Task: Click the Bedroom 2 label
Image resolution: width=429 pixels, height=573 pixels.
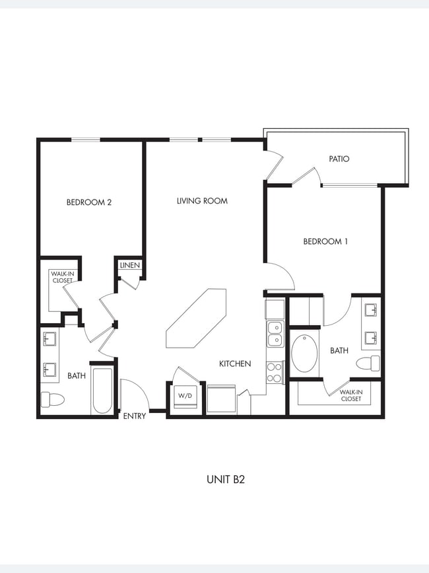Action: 89,202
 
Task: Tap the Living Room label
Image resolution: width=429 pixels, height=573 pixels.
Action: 202,201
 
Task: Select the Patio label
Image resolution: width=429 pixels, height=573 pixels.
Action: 339,159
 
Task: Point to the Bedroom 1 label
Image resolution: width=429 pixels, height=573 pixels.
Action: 325,241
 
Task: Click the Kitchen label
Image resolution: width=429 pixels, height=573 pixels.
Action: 235,363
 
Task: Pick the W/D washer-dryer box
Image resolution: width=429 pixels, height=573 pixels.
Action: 184,396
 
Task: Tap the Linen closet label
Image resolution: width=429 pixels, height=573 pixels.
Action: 129,265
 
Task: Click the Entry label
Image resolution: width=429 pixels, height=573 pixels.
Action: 135,416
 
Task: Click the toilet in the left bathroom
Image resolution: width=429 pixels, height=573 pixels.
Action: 51,399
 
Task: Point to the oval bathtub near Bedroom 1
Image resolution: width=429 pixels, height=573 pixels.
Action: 304,353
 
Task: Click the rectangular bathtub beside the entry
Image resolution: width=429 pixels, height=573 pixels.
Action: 102,391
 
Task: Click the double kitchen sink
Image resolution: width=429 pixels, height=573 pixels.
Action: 275,334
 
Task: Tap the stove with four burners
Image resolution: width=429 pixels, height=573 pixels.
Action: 275,372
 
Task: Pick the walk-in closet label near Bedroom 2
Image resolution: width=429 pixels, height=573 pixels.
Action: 63,276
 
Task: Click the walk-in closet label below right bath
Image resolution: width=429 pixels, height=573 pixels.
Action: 350,395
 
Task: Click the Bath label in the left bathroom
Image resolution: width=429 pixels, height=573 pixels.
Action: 77,375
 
